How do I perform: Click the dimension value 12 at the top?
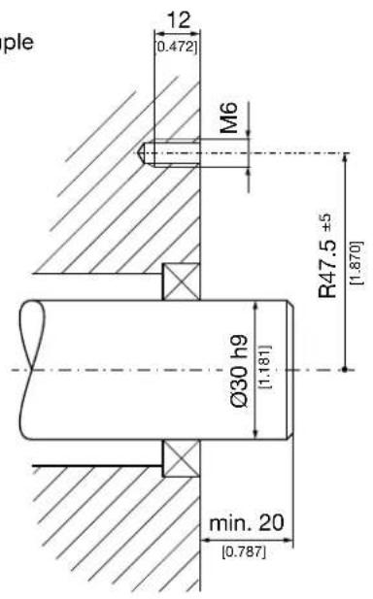(178, 19)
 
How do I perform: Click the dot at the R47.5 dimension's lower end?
(345, 369)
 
